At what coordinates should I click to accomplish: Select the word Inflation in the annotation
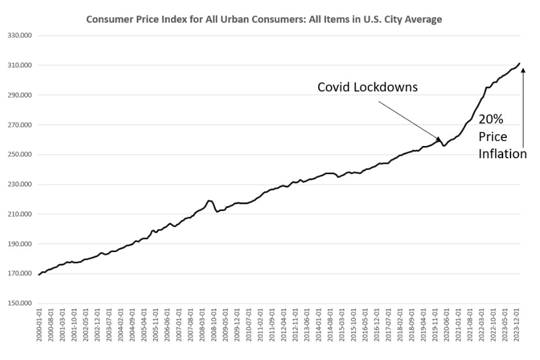pos(503,154)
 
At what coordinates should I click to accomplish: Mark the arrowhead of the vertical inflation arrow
pos(523,70)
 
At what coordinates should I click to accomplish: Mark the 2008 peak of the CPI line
pos(209,201)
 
